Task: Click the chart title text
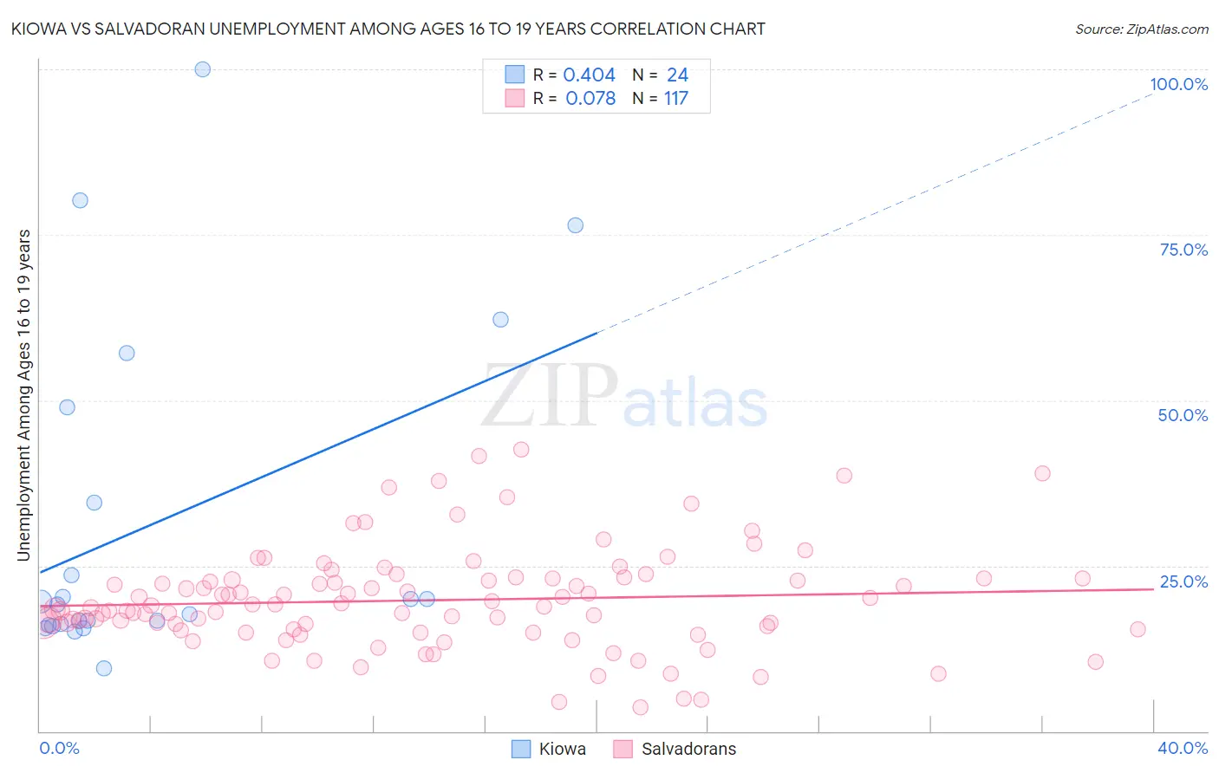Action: click(388, 29)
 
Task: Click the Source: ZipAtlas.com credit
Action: click(1141, 29)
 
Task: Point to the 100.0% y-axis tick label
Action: click(1178, 84)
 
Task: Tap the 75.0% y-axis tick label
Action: click(1183, 250)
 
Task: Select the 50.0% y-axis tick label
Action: click(1183, 415)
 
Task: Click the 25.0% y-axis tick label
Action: click(1183, 581)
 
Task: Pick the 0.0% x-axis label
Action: click(59, 748)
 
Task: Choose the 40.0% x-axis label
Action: click(1183, 748)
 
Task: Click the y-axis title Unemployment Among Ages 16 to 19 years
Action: click(24, 395)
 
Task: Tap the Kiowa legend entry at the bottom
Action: click(549, 749)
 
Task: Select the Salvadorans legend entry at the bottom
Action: click(675, 749)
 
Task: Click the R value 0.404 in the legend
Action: click(589, 75)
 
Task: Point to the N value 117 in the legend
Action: click(676, 99)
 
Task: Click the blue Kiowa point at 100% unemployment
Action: click(202, 69)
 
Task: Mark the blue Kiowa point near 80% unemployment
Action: click(80, 200)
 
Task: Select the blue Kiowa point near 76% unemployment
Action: click(575, 225)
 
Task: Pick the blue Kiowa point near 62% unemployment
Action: click(500, 320)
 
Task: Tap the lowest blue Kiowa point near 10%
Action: click(104, 668)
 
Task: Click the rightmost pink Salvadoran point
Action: click(1138, 629)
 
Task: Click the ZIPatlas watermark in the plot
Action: click(624, 397)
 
